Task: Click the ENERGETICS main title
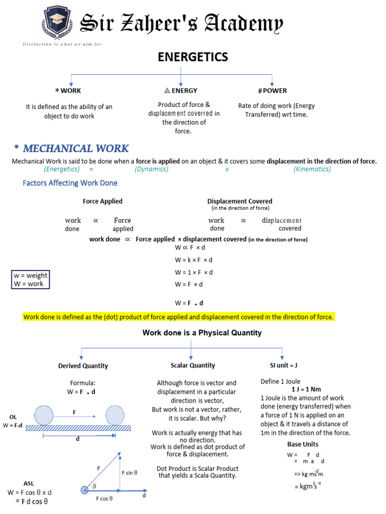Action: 193,57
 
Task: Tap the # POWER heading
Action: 272,91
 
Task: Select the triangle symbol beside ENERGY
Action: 167,91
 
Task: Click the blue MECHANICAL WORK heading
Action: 75,148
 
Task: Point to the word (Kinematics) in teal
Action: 312,169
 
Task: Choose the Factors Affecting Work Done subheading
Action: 70,183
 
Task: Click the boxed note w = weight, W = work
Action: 30,280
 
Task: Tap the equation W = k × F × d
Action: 194,260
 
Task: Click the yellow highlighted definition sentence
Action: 178,317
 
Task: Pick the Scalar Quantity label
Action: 192,365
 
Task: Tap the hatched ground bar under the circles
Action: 78,428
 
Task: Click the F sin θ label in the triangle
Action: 129,472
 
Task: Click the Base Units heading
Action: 303,444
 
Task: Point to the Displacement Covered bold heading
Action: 240,201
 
